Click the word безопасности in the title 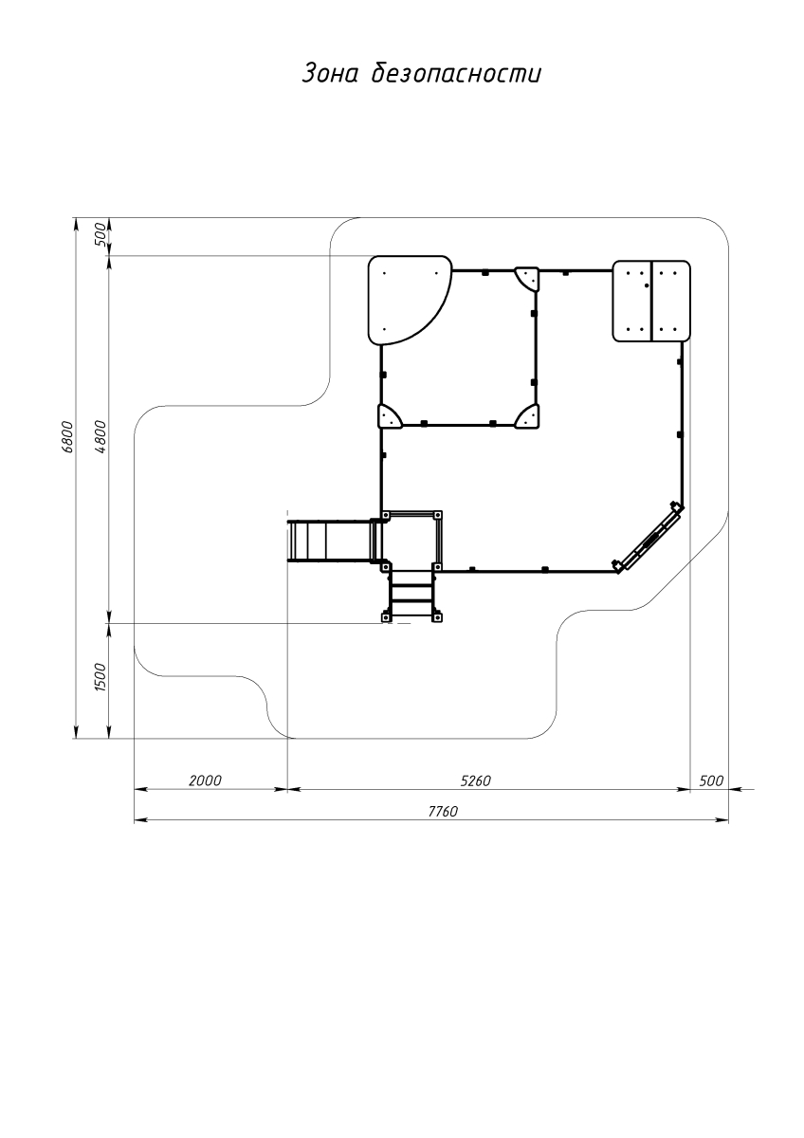[456, 73]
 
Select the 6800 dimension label [67, 436]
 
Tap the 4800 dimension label [101, 437]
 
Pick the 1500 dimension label [100, 677]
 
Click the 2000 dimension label [205, 780]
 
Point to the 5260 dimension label [475, 780]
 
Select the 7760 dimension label [443, 812]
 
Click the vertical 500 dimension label [100, 234]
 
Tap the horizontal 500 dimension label [711, 780]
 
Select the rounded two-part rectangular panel [651, 301]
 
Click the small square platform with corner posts [411, 541]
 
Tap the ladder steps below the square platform [411, 596]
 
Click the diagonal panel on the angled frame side [649, 537]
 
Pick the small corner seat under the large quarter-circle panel [390, 416]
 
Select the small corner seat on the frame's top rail [527, 279]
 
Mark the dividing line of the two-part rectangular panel [651, 301]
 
